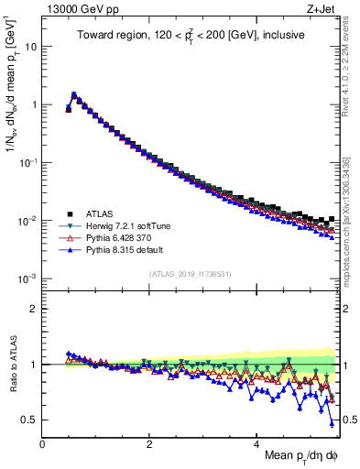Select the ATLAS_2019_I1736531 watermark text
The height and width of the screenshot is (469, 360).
click(191, 274)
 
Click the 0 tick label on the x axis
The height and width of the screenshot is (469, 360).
click(43, 442)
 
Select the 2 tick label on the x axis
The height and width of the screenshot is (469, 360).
click(149, 442)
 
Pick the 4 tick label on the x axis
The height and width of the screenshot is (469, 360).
click(256, 442)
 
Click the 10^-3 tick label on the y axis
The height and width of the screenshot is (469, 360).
click(27, 278)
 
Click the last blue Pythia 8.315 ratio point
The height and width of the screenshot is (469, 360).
click(332, 423)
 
